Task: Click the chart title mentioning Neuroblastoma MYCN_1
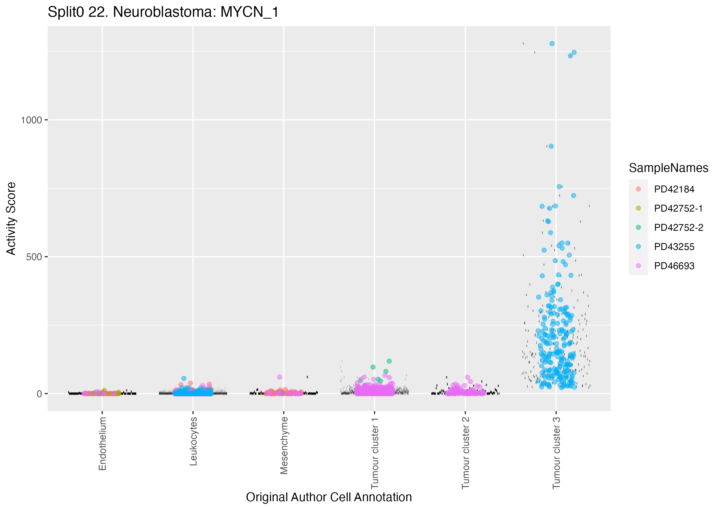coord(163,12)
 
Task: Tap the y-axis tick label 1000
coord(31,120)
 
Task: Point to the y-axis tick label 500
coord(34,257)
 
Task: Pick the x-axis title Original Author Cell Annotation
coord(329,497)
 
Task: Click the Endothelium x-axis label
coord(102,443)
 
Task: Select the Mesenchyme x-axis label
coord(284,445)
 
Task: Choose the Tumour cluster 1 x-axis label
coord(375,453)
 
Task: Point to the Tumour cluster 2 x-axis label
coord(465,453)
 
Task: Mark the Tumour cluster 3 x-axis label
coord(556,453)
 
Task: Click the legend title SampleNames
coord(669,168)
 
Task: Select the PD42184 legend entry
coord(674,189)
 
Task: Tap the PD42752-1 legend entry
coord(678,208)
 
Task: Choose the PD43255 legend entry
coord(674,246)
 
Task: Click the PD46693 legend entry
coord(674,266)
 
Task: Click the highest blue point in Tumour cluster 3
coord(552,44)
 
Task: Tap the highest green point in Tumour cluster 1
coord(389,361)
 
